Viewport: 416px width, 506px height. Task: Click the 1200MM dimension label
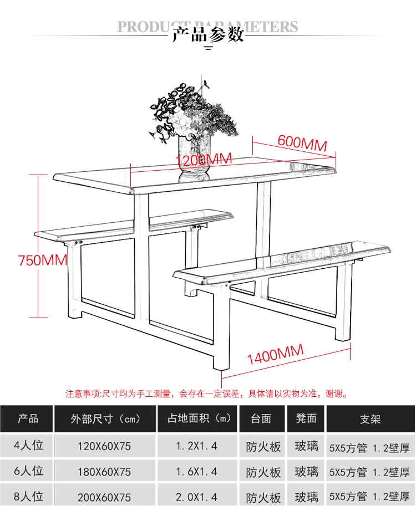tap(203, 160)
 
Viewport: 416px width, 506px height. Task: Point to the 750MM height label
tap(42, 260)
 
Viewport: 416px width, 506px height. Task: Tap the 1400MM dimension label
tap(275, 354)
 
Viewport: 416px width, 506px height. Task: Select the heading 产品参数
tap(208, 34)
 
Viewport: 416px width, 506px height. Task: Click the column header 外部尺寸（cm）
tap(106, 419)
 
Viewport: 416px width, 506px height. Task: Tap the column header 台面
tap(261, 419)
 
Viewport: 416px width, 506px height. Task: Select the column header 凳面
tap(306, 419)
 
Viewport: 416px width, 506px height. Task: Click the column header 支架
tap(370, 419)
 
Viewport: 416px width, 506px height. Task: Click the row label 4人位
tap(28, 445)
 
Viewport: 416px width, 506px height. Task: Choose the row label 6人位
tap(28, 471)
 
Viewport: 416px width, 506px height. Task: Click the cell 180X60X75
tap(106, 472)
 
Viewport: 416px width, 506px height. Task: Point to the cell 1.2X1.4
tap(196, 446)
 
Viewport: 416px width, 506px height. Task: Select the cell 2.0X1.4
tap(196, 497)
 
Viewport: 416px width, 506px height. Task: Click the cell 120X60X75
tap(106, 446)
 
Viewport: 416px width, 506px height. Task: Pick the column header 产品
tap(28, 419)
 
